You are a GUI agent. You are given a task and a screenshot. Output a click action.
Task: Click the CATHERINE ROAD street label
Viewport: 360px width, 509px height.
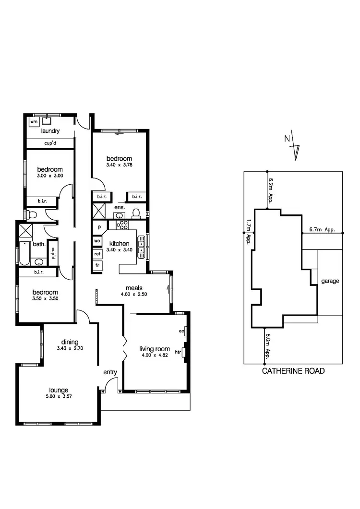point(293,371)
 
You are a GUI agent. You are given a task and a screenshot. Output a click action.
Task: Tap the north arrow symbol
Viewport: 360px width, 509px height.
point(293,146)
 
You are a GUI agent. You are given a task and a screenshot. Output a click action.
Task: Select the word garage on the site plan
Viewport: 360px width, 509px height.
point(330,281)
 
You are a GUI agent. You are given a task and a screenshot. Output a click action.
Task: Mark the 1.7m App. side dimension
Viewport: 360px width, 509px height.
point(248,231)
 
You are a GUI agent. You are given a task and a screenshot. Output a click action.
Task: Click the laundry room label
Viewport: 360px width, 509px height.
point(50,131)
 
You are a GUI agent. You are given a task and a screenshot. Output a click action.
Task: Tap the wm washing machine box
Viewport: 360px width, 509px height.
point(33,122)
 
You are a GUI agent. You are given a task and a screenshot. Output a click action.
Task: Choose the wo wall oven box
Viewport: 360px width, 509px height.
point(97,240)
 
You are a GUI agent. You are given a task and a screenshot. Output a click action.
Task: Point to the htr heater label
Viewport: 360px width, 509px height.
point(178,352)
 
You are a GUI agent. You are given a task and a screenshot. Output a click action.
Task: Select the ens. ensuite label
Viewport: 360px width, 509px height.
point(120,207)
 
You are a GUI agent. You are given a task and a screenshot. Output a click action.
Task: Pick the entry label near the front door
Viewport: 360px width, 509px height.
point(110,372)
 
